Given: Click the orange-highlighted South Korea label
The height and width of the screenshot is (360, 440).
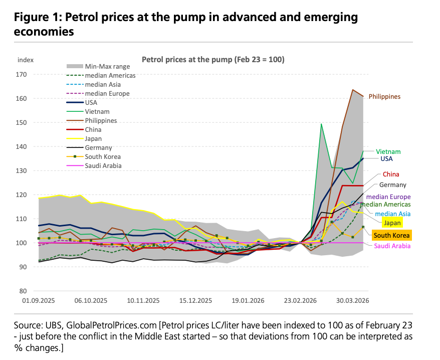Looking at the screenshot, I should (x=391, y=235).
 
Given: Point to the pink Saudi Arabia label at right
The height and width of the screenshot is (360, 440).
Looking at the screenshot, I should (x=392, y=246).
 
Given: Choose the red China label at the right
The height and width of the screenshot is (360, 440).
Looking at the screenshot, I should (x=391, y=174).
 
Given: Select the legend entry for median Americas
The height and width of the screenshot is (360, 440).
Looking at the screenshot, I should (x=110, y=75).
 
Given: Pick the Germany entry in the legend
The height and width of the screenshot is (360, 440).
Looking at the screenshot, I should (x=99, y=148).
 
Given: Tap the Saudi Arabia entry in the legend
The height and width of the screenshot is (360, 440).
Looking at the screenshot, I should (x=103, y=166).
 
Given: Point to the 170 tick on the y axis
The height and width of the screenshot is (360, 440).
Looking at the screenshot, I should (x=21, y=75).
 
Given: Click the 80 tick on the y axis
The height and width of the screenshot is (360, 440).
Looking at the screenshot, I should (x=23, y=291).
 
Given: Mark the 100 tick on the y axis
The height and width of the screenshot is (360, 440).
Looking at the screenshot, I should (x=21, y=243).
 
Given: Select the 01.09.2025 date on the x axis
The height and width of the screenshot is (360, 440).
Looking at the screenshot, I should (x=39, y=301).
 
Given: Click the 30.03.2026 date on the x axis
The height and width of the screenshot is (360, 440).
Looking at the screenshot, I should (x=352, y=301).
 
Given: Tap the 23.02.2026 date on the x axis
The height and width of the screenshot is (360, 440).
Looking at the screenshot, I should (x=300, y=301).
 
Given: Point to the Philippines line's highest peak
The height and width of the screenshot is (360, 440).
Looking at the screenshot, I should (x=353, y=90).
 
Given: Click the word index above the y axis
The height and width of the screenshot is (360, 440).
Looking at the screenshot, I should (x=26, y=60).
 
